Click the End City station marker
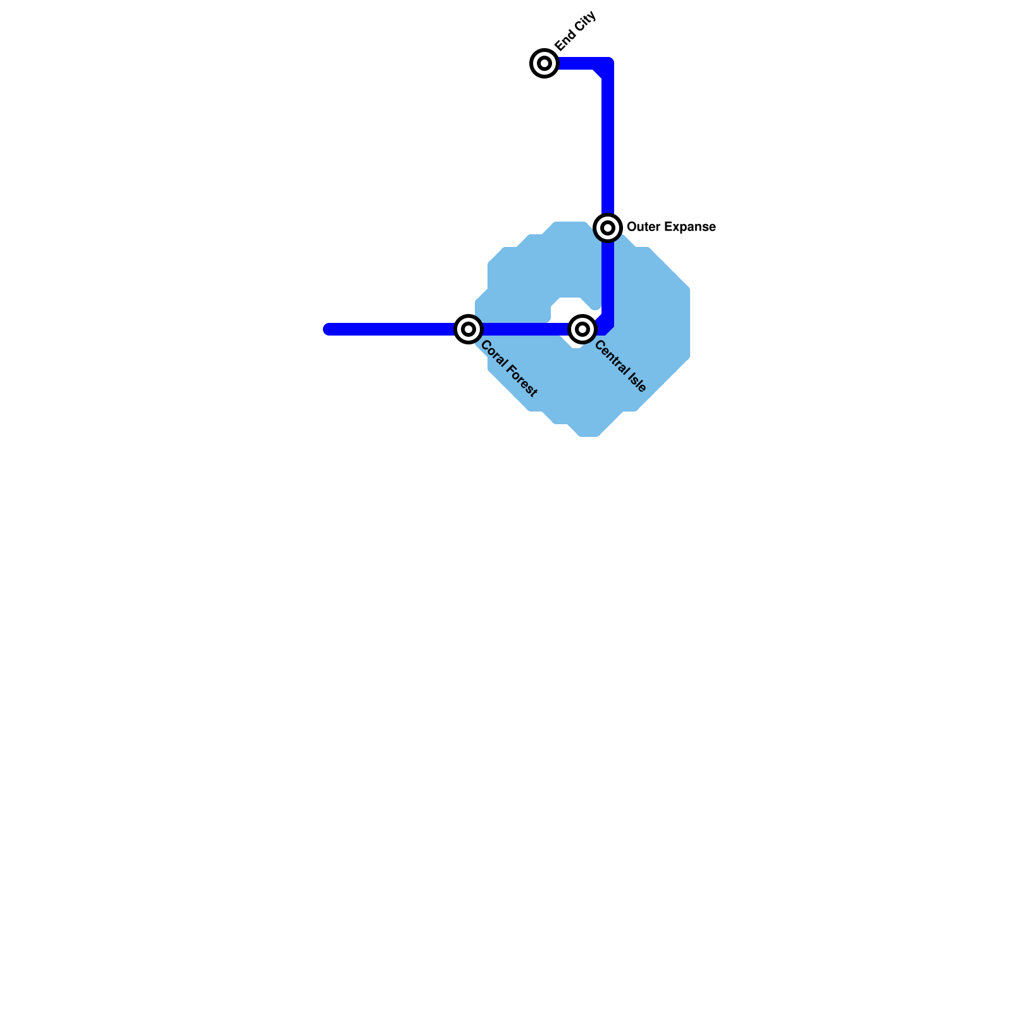[544, 63]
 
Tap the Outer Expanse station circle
[608, 227]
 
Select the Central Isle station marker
[582, 329]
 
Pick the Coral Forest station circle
[469, 329]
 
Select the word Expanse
[688, 227]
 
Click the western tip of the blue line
[327, 329]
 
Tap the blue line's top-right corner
[608, 63]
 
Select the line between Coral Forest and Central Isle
[525, 329]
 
